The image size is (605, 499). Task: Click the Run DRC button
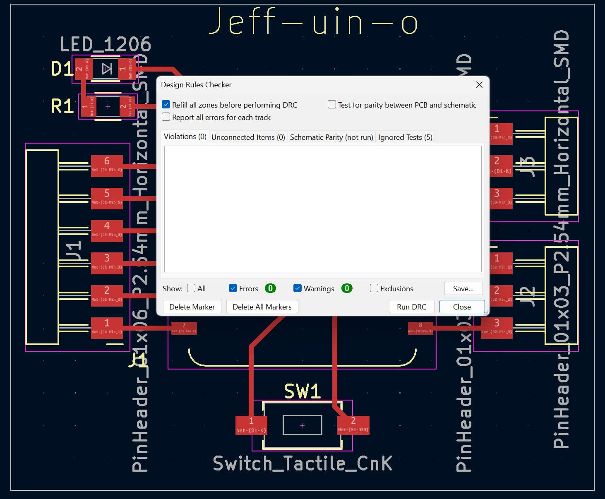coord(411,307)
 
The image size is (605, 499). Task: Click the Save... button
coord(463,288)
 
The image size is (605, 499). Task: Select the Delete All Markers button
coord(262,307)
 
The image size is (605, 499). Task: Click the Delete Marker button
coord(192,307)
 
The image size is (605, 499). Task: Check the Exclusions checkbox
coord(374,288)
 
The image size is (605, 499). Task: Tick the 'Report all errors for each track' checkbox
coord(166,117)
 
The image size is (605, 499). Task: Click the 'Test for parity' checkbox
coord(332,105)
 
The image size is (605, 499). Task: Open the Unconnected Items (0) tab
coord(248,137)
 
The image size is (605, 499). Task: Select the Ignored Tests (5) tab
coord(405,137)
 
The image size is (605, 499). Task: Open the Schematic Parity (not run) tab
coord(331,137)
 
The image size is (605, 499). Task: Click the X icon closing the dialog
coord(479,84)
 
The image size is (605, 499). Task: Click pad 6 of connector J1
coord(107,166)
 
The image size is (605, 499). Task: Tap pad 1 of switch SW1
coord(251,425)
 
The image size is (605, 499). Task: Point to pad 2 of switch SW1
coord(353,425)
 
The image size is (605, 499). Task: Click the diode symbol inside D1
coord(107,69)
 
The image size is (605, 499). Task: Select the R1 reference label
coord(62,106)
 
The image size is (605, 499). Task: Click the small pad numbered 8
coord(420,328)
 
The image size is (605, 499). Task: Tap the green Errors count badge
coord(270,288)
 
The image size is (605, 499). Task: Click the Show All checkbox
coord(191,288)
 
